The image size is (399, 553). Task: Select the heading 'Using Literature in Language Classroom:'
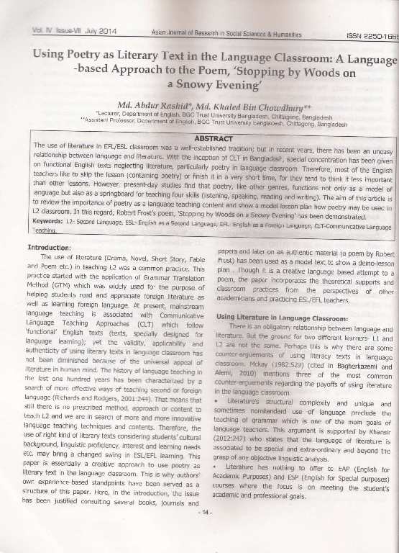click(x=283, y=317)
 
